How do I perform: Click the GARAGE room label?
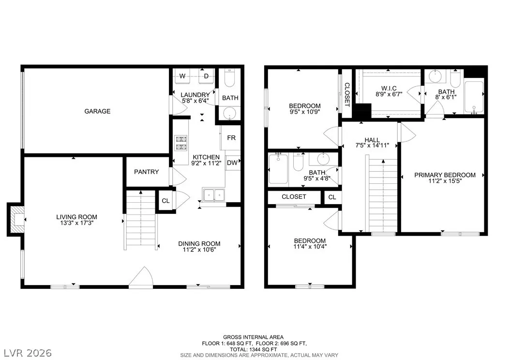point(97,111)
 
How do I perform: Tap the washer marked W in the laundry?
point(182,76)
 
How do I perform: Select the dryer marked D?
point(206,76)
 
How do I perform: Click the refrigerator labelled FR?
point(231,138)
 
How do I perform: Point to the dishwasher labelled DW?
point(233,163)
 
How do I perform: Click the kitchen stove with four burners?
point(181,143)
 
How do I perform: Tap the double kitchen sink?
point(214,195)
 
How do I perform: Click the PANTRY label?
point(146,172)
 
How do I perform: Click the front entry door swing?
point(141,277)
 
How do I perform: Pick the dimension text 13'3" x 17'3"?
point(77,223)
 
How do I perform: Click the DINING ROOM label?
point(199,243)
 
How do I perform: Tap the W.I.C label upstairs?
point(389,89)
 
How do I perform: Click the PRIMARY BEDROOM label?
point(445,175)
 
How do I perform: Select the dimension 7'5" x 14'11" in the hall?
point(372,146)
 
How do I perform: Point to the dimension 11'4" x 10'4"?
point(310,247)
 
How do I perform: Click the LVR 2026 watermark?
point(28,353)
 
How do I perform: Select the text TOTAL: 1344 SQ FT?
point(254,349)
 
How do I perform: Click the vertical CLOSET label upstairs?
point(347,95)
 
